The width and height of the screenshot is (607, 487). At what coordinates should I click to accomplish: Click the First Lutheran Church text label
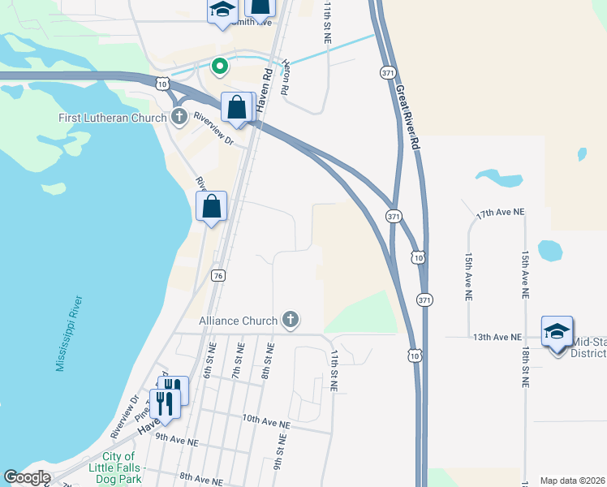pos(112,118)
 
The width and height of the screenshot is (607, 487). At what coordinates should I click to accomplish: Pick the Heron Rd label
pos(284,78)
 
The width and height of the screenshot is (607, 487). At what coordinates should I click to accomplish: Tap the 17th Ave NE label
pos(501,212)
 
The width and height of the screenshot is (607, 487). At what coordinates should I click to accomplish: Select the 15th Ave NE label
pos(469,275)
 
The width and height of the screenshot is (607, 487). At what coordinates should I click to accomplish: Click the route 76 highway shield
pos(217,276)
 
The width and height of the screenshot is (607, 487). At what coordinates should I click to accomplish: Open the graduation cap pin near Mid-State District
pos(557,332)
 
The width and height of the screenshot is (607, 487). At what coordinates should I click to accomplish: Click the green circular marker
pos(218,66)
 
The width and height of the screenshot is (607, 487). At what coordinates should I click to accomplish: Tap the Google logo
pos(27,477)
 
